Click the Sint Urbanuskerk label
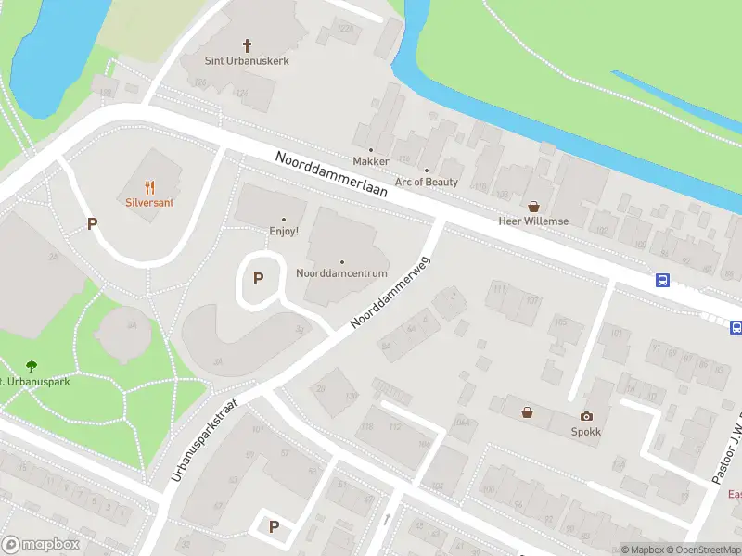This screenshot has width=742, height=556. click(247, 61)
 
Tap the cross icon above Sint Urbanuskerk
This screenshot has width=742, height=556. click(248, 44)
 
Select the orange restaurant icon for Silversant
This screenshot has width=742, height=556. click(150, 186)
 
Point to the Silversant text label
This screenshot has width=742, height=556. click(150, 202)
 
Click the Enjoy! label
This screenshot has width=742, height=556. click(284, 231)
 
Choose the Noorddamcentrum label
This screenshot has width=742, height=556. click(341, 274)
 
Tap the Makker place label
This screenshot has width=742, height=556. click(371, 161)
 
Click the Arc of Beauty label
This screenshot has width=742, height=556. click(427, 182)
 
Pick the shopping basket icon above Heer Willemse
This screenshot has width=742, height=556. click(533, 207)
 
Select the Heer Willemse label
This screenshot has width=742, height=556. click(533, 221)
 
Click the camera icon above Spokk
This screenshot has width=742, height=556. click(586, 417)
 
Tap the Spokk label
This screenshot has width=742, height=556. click(586, 432)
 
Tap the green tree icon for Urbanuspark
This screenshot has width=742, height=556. click(32, 366)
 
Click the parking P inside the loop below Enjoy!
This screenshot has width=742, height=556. click(259, 278)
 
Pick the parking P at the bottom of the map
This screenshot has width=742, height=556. click(274, 526)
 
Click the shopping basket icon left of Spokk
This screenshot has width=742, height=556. click(527, 412)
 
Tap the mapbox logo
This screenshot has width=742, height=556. click(41, 545)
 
